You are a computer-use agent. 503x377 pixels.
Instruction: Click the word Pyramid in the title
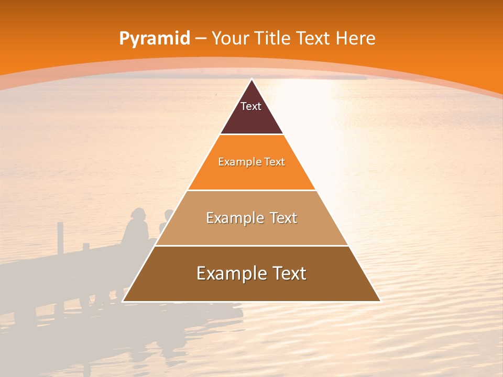click(x=155, y=39)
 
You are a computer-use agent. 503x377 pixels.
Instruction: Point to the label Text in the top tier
click(x=251, y=106)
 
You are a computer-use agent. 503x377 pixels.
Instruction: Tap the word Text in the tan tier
click(x=283, y=218)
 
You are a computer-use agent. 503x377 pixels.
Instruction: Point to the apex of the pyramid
click(x=251, y=80)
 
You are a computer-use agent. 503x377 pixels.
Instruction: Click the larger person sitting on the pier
click(x=137, y=228)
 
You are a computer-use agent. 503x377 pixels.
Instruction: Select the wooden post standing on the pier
click(x=60, y=238)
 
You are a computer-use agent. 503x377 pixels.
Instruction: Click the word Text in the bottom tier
click(x=290, y=273)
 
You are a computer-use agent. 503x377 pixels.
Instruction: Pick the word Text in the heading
click(x=313, y=38)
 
